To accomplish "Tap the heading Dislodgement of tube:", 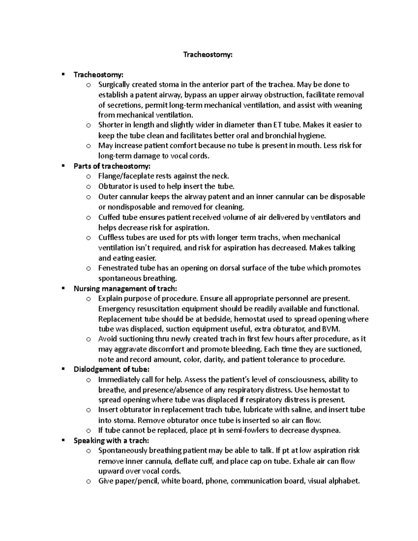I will tap(111, 370).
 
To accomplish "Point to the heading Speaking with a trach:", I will tap(111, 441).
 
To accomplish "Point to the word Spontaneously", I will tap(123, 451).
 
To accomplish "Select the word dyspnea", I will tap(326, 430).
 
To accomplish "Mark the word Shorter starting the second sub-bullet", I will tap(110, 125).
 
